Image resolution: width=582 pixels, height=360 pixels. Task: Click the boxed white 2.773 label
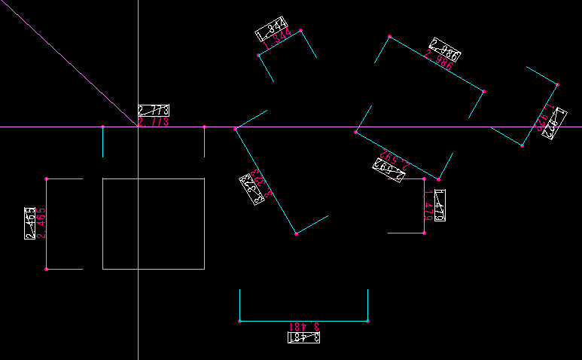click(x=153, y=110)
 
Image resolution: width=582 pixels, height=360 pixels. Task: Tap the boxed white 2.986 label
click(x=445, y=48)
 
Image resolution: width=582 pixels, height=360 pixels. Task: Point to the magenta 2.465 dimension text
click(x=41, y=224)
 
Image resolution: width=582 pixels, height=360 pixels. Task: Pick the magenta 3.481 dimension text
click(x=304, y=327)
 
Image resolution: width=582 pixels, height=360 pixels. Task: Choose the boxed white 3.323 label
click(x=251, y=189)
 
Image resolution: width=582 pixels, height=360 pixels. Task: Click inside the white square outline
click(x=154, y=224)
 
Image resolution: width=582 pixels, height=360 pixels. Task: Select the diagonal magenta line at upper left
click(x=68, y=65)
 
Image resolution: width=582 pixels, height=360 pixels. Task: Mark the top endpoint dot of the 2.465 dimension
click(x=47, y=178)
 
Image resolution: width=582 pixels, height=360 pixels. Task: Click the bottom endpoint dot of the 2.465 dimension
click(x=47, y=269)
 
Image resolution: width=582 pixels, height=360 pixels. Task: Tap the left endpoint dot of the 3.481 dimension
click(x=240, y=322)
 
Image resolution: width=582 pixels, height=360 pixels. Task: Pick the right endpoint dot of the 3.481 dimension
click(x=367, y=322)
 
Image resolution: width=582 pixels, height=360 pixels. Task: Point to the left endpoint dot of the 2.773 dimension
click(x=103, y=127)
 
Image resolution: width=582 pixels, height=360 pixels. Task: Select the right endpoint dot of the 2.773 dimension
click(x=204, y=127)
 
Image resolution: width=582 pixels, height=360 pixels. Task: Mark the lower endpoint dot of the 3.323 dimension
click(x=296, y=234)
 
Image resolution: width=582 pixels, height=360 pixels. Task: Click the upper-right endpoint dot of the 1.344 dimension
click(x=300, y=31)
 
